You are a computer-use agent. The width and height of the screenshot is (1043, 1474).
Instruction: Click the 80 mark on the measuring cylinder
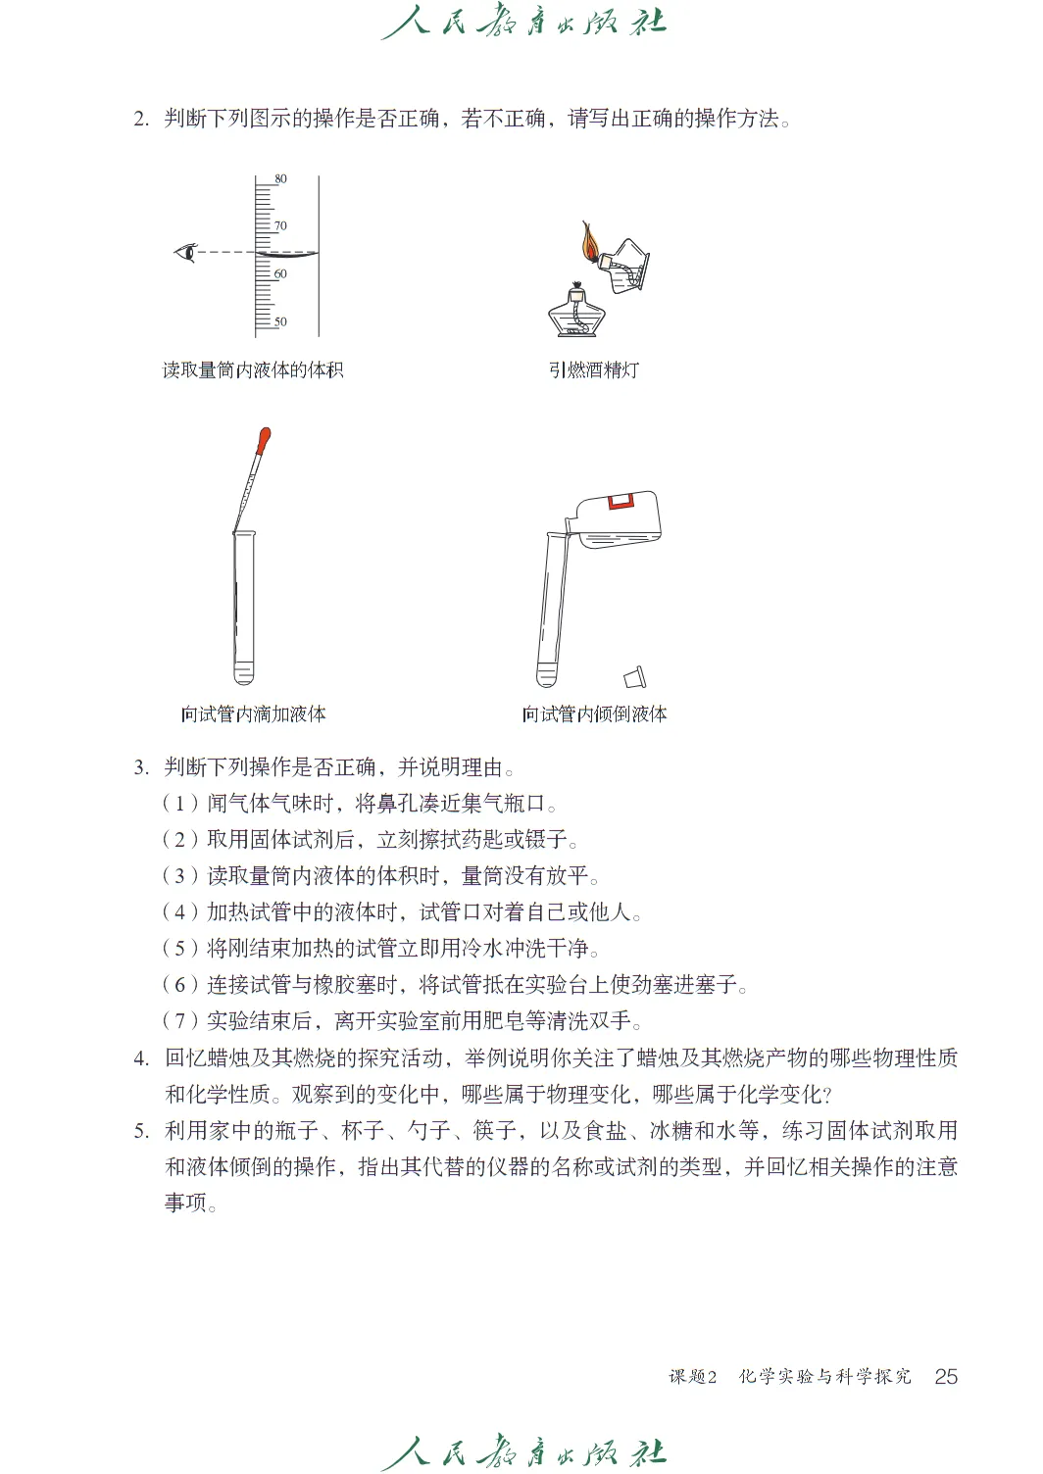click(280, 179)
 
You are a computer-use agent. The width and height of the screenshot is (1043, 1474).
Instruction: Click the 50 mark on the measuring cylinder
click(280, 321)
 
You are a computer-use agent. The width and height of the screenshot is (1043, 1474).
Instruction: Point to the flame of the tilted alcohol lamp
click(589, 241)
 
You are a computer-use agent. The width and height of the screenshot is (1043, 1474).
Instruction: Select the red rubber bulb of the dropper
click(263, 441)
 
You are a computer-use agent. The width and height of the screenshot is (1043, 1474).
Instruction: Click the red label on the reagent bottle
click(621, 502)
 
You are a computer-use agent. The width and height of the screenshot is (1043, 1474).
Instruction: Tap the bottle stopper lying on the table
click(635, 676)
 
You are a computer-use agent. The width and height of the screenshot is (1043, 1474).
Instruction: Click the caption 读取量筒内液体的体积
click(253, 369)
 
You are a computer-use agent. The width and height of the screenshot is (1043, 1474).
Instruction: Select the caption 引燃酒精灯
click(594, 369)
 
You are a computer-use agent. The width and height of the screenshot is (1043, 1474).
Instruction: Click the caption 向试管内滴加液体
click(253, 713)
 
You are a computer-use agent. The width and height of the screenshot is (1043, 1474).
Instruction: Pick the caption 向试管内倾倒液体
click(594, 713)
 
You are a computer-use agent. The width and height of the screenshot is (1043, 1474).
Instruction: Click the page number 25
click(946, 1376)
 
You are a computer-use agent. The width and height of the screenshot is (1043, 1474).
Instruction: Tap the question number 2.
click(141, 120)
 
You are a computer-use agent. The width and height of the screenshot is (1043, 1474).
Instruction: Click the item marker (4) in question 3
click(179, 912)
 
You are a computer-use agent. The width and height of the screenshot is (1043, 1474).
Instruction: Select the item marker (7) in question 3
click(179, 1021)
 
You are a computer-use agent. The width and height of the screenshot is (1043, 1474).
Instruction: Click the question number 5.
click(141, 1131)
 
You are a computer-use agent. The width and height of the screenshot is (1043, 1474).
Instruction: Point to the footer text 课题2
click(693, 1377)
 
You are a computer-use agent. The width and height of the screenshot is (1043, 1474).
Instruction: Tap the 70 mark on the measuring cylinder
click(280, 226)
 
